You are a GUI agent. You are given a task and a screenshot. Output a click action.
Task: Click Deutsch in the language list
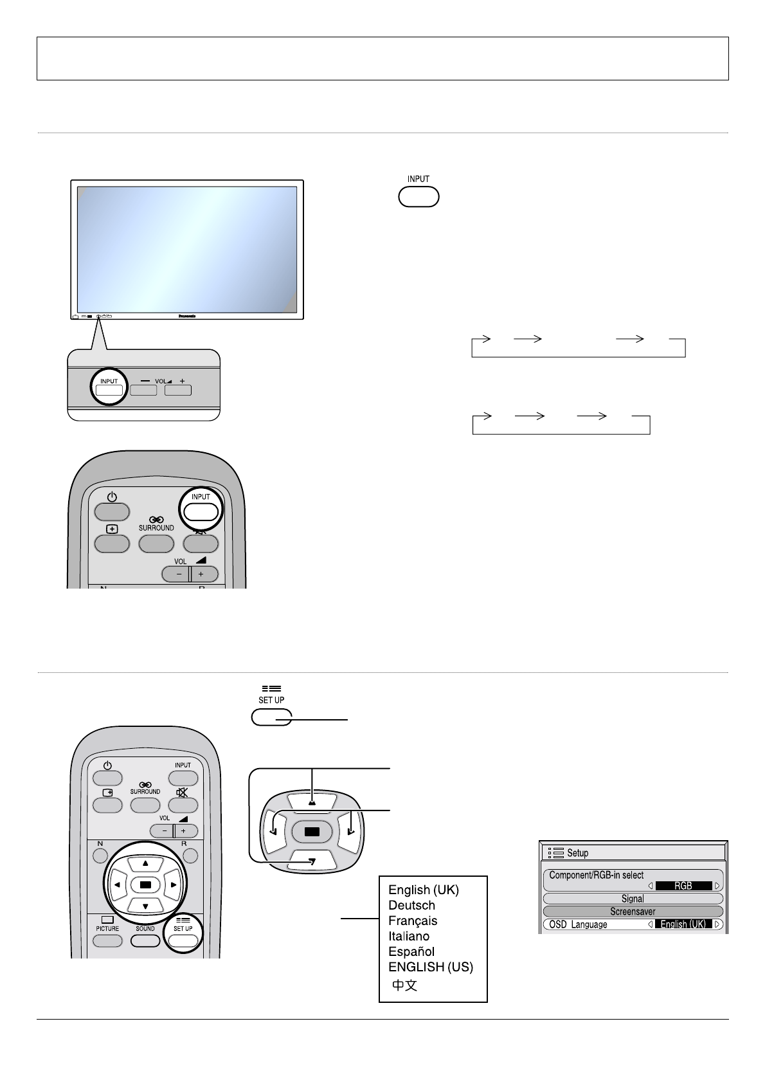[x=411, y=905]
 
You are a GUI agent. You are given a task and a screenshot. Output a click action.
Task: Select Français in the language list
[x=413, y=921]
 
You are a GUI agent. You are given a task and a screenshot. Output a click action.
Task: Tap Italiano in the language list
[x=409, y=936]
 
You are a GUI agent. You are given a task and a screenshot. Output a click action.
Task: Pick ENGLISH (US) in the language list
[x=431, y=967]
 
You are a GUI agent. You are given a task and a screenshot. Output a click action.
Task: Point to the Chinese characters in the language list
[x=405, y=985]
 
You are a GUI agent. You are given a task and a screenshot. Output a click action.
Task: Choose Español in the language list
[x=411, y=951]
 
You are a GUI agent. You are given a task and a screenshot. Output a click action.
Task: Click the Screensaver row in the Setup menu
[x=633, y=912]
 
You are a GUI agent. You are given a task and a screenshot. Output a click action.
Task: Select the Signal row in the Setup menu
[x=633, y=899]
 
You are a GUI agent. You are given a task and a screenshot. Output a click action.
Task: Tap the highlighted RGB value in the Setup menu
[x=683, y=886]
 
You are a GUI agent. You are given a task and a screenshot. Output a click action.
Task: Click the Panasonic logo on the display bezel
[x=186, y=316]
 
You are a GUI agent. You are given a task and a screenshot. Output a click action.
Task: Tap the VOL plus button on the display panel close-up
[x=178, y=389]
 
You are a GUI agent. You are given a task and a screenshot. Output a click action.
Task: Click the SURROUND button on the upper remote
[x=156, y=543]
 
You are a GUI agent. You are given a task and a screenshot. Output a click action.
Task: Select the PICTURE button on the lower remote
[x=107, y=940]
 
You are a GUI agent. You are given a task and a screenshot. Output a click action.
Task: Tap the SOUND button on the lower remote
[x=145, y=940]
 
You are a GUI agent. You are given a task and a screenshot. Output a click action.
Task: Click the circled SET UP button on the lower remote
[x=183, y=940]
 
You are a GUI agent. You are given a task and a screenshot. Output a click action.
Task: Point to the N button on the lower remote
[x=100, y=856]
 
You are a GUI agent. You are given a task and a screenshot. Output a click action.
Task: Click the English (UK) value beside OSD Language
[x=683, y=924]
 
